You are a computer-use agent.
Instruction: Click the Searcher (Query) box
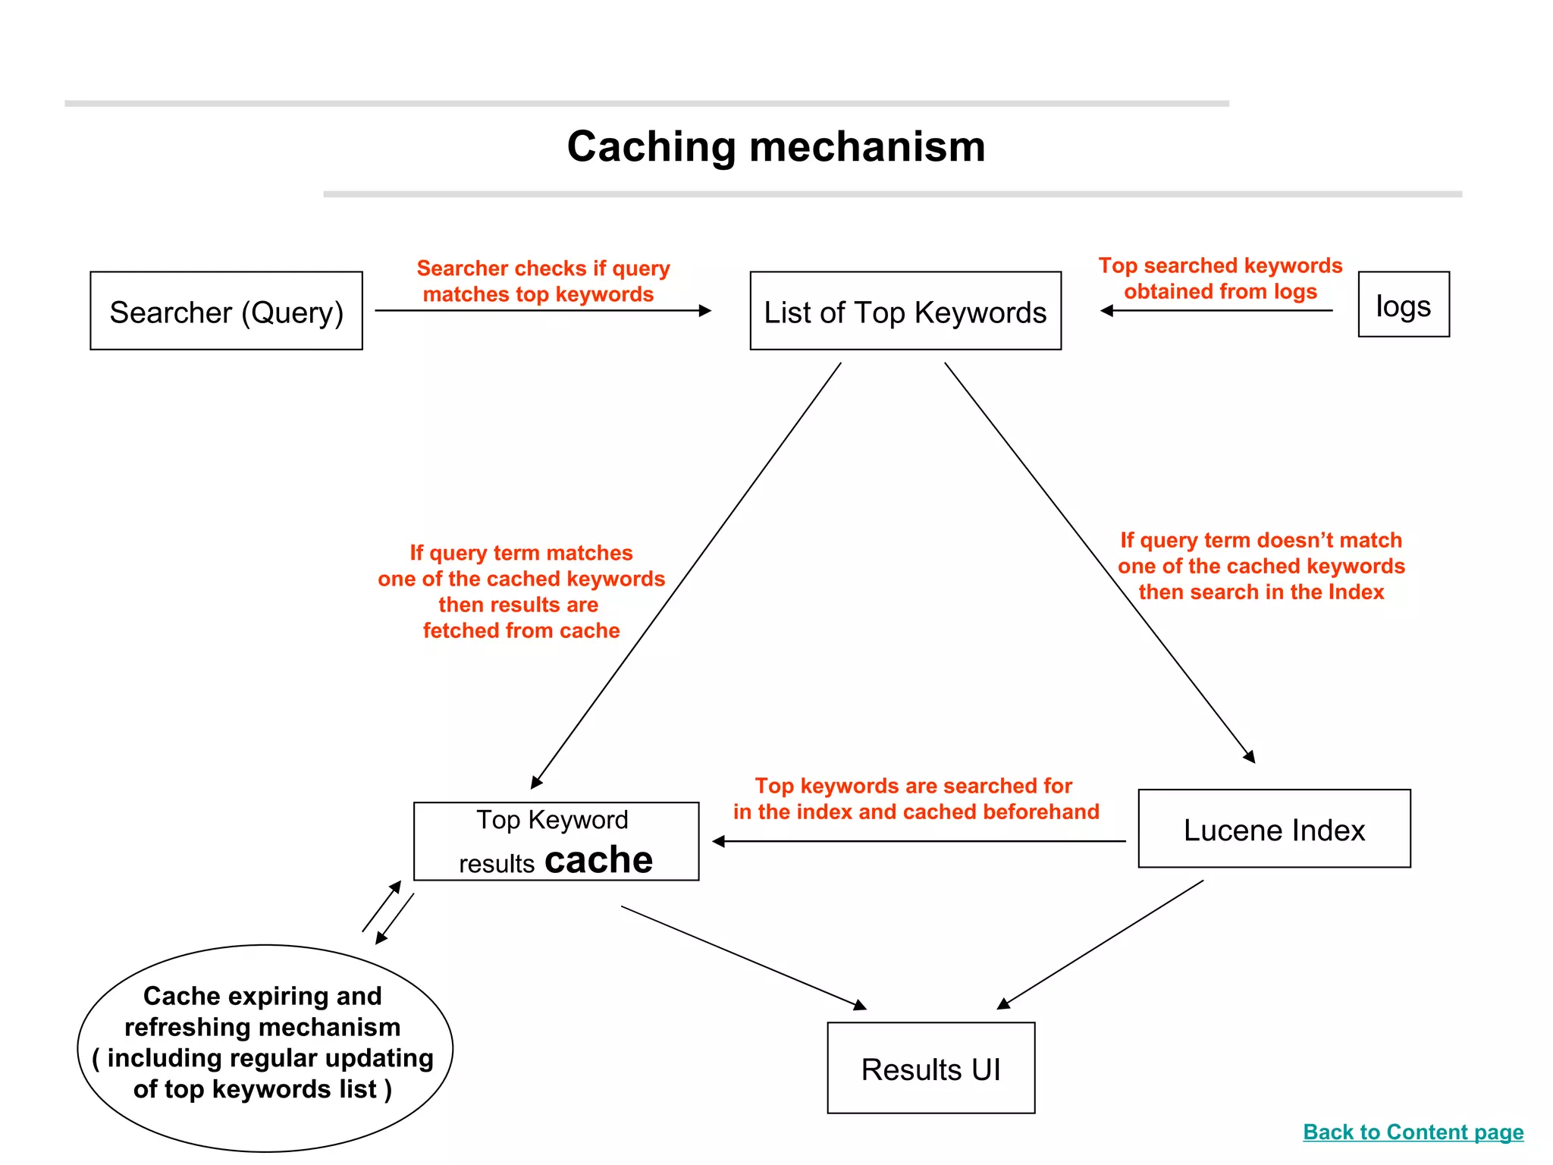pyautogui.click(x=226, y=311)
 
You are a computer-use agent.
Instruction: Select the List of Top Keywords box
pyautogui.click(x=905, y=311)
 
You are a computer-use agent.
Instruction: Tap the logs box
pyautogui.click(x=1403, y=304)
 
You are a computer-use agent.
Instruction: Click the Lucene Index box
pyautogui.click(x=1274, y=828)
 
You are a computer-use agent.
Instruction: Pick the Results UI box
pyautogui.click(x=930, y=1068)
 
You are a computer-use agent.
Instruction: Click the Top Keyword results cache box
pyautogui.click(x=556, y=841)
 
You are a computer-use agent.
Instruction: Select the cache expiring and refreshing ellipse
pyautogui.click(x=265, y=1048)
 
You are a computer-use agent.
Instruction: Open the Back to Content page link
pyautogui.click(x=1413, y=1132)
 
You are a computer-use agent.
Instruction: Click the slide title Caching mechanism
pyautogui.click(x=776, y=146)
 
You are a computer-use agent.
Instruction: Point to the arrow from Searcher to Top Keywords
pyautogui.click(x=542, y=310)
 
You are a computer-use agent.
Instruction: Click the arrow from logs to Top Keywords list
pyautogui.click(x=1216, y=310)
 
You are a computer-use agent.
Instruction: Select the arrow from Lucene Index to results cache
pyautogui.click(x=919, y=841)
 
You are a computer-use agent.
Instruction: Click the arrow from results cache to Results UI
pyautogui.click(x=743, y=957)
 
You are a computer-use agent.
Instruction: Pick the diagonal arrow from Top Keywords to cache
pyautogui.click(x=686, y=576)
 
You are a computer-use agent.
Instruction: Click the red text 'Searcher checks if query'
pyautogui.click(x=543, y=268)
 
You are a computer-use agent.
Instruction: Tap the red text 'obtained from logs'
pyautogui.click(x=1220, y=291)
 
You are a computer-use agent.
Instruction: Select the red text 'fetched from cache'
pyautogui.click(x=521, y=630)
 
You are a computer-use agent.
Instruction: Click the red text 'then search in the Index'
pyautogui.click(x=1261, y=592)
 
